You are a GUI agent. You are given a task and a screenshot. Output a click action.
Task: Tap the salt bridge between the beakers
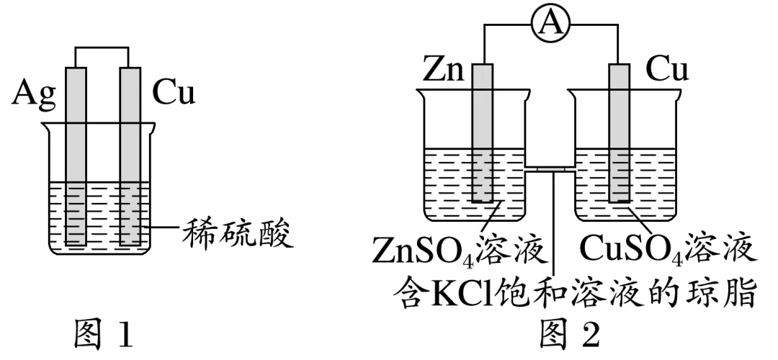coord(551,170)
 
